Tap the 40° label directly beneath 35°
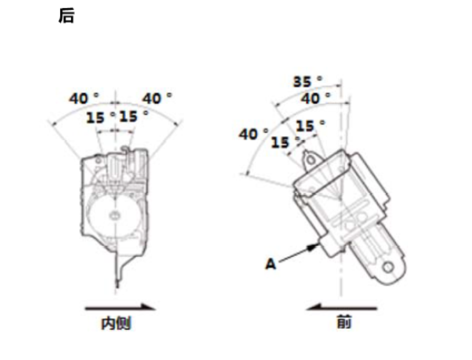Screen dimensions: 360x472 [x=315, y=98]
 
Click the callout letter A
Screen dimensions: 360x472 [x=271, y=263]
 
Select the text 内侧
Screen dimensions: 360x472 [x=116, y=323]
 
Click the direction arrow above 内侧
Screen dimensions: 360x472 [x=120, y=308]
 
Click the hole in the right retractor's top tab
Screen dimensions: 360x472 [x=309, y=160]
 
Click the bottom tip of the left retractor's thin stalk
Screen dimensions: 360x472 [x=117, y=287]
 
